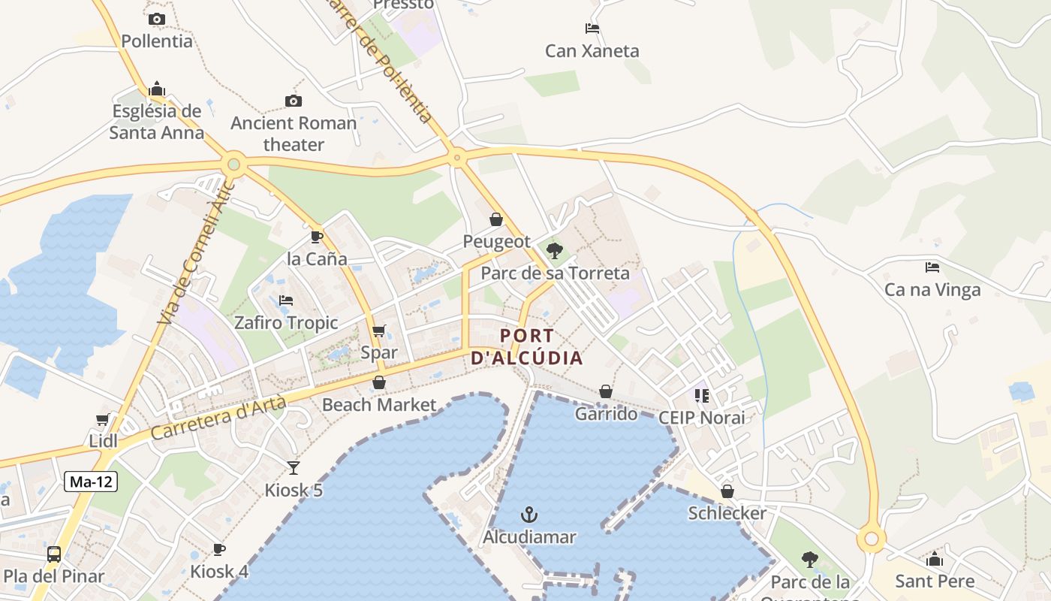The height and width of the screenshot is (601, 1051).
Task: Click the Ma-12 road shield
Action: pyautogui.click(x=91, y=482)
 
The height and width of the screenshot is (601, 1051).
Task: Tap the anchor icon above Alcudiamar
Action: pyautogui.click(x=529, y=515)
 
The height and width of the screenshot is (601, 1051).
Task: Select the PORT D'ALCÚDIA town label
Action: pyautogui.click(x=527, y=347)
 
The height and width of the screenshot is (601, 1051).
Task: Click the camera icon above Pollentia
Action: pyautogui.click(x=157, y=20)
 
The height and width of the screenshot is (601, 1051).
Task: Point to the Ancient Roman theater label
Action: pyautogui.click(x=294, y=134)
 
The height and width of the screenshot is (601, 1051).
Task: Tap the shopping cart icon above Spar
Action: pyautogui.click(x=379, y=331)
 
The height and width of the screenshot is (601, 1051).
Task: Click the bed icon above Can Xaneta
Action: pyautogui.click(x=592, y=29)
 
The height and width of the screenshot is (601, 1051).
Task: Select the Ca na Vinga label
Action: pyautogui.click(x=932, y=290)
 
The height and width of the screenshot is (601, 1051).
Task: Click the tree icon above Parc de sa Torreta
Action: pyautogui.click(x=555, y=251)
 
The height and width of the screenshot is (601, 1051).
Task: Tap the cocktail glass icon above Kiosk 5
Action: pyautogui.click(x=294, y=468)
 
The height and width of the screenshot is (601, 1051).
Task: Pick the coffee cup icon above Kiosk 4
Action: pyautogui.click(x=219, y=550)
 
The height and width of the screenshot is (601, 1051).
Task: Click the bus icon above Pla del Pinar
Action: pyautogui.click(x=54, y=554)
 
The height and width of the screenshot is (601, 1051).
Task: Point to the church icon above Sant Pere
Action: pyautogui.click(x=935, y=559)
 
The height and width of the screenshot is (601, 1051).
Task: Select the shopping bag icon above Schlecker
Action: pyautogui.click(x=727, y=491)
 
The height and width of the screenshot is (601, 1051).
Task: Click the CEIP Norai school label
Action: pyautogui.click(x=702, y=418)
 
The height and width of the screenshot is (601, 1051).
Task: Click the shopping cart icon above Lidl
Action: pyautogui.click(x=103, y=419)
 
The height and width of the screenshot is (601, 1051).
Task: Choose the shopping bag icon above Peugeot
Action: pyautogui.click(x=496, y=219)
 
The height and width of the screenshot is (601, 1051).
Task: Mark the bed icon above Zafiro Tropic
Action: pyautogui.click(x=286, y=300)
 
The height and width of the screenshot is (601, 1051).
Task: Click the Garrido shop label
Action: pyautogui.click(x=606, y=414)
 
